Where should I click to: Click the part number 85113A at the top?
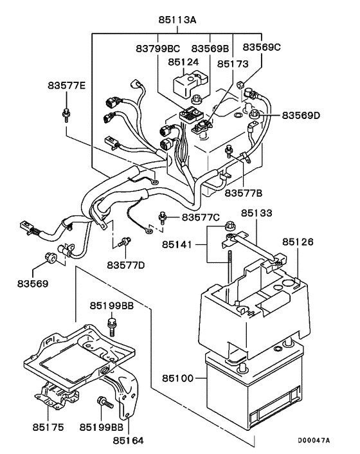point(177,20)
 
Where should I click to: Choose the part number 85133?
point(256,213)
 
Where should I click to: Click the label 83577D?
point(126,264)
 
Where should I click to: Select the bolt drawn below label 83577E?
point(66,116)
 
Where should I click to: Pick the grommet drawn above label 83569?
point(50,259)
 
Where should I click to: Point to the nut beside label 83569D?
point(256,115)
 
